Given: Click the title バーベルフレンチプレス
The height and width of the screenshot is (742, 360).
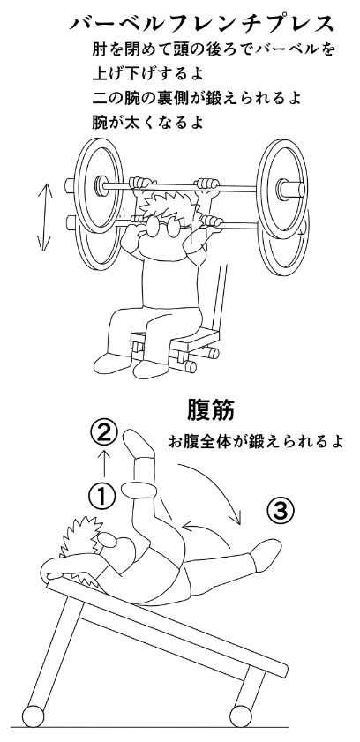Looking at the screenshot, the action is [x=201, y=23].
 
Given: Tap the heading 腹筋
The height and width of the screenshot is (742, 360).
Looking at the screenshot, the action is [x=211, y=409].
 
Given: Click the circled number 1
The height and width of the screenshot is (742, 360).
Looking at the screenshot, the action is [x=102, y=496].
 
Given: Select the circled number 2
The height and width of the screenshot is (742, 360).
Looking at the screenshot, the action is [x=103, y=434].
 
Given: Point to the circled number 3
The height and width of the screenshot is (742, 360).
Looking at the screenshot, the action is [x=280, y=511].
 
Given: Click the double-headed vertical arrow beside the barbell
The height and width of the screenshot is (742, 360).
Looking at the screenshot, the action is [x=44, y=217].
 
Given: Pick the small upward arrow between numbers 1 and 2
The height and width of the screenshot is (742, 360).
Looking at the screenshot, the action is [x=104, y=464].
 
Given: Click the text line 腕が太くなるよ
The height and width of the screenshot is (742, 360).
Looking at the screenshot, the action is [x=147, y=122].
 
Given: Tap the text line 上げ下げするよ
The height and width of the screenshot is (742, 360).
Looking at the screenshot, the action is [x=147, y=74].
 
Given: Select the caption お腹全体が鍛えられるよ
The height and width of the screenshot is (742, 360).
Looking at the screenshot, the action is [x=255, y=441].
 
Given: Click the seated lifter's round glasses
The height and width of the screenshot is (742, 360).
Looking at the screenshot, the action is [x=166, y=229].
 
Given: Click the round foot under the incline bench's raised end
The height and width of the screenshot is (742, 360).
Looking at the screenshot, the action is [x=33, y=716].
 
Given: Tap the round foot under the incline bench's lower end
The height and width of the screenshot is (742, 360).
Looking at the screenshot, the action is [x=241, y=716].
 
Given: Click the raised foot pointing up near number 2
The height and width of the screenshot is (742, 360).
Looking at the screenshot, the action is [x=139, y=444].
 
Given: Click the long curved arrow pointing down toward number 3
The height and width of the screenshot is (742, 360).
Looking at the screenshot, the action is [x=219, y=483].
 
